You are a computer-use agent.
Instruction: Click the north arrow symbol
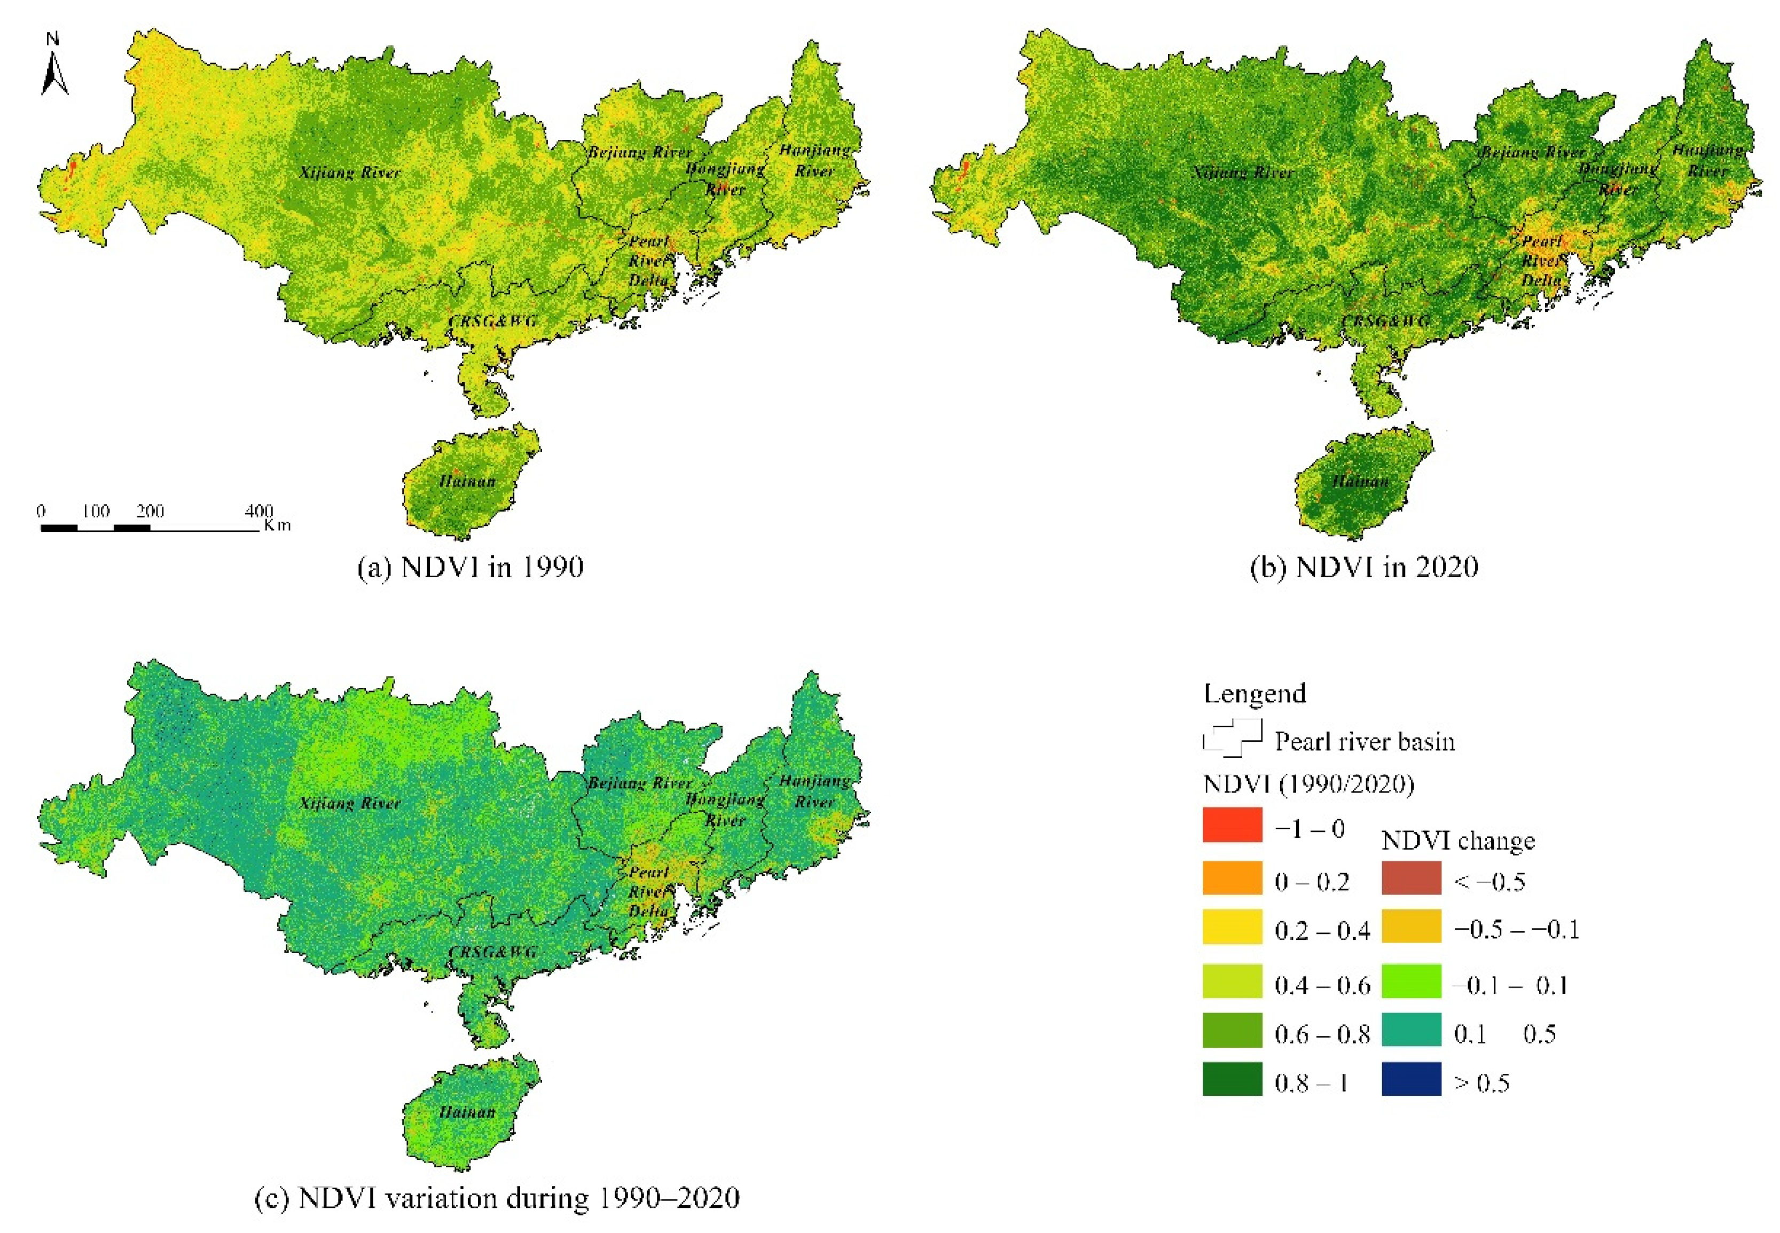click(x=53, y=66)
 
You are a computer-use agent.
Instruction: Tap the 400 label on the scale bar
click(x=259, y=511)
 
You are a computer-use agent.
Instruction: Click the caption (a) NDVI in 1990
click(x=470, y=567)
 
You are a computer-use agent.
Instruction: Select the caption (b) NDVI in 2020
click(x=1363, y=567)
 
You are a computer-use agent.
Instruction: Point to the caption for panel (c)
click(x=497, y=1197)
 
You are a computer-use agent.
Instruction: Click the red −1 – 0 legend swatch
click(x=1232, y=825)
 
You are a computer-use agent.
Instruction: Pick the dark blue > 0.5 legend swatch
click(x=1411, y=1079)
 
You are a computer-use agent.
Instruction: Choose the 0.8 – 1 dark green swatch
click(x=1232, y=1079)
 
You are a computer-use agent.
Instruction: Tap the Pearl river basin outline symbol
click(x=1232, y=738)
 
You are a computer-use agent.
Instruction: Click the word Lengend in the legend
click(x=1254, y=693)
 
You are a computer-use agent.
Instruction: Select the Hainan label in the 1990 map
click(x=467, y=481)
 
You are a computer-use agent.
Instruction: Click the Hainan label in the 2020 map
click(x=1360, y=481)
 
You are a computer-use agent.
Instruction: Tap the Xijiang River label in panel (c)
click(x=349, y=804)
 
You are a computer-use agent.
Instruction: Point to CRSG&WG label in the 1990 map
click(x=492, y=320)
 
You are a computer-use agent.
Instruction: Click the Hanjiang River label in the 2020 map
click(x=1707, y=160)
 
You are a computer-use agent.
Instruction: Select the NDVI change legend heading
click(x=1457, y=841)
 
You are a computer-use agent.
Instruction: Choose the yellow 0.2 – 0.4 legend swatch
click(x=1232, y=927)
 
